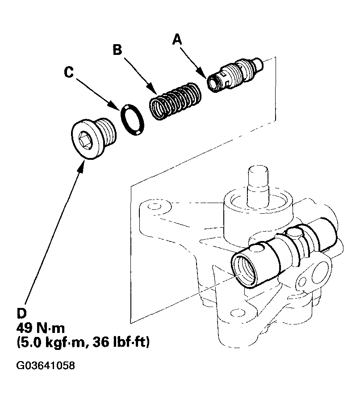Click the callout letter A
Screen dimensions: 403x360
pos(178,40)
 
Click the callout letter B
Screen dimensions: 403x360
pos(117,50)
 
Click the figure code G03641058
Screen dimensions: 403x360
pos(45,366)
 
